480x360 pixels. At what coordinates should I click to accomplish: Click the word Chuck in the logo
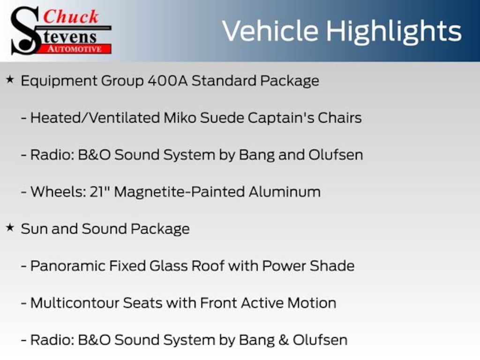click(x=71, y=16)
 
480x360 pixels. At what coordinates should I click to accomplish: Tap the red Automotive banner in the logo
click(x=75, y=49)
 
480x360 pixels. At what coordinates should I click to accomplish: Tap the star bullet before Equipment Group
click(x=10, y=80)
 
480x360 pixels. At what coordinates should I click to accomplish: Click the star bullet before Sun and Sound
click(x=10, y=228)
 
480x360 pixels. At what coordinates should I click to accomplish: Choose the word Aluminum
click(x=285, y=192)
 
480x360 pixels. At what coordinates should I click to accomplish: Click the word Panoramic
click(x=67, y=266)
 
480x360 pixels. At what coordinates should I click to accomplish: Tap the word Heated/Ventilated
click(x=95, y=118)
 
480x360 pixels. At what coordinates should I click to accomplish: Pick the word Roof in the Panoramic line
click(x=208, y=266)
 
